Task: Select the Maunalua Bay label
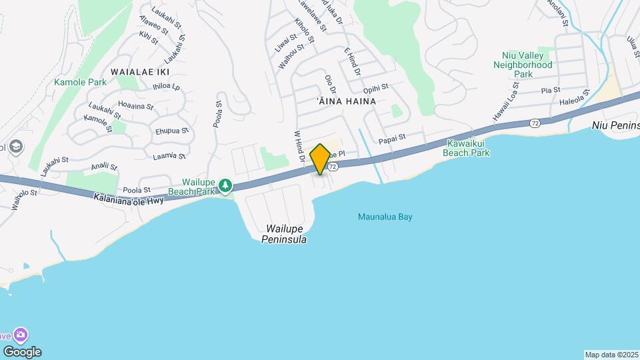pyautogui.click(x=382, y=217)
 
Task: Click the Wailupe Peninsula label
pyautogui.click(x=284, y=233)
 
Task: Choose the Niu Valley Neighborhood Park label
pyautogui.click(x=523, y=65)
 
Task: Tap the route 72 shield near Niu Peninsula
pyautogui.click(x=535, y=123)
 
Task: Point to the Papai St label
pyautogui.click(x=392, y=141)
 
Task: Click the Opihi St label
pyautogui.click(x=376, y=89)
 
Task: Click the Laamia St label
pyautogui.click(x=168, y=155)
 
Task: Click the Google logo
pyautogui.click(x=22, y=352)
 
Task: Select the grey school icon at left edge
pyautogui.click(x=15, y=146)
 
